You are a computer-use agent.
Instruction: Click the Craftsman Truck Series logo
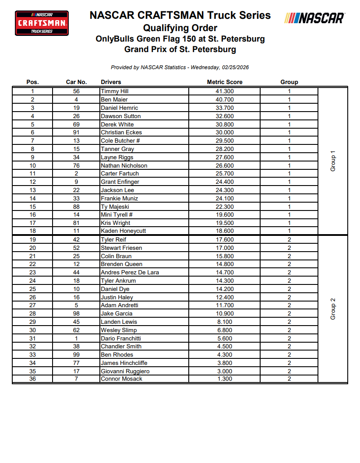(x=42, y=23)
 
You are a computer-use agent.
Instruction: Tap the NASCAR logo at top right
(x=314, y=18)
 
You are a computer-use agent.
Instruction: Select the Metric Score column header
(x=224, y=82)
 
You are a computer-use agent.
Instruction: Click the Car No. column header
(x=76, y=82)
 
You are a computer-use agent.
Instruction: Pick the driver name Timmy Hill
(x=114, y=91)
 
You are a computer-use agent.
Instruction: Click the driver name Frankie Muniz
(x=119, y=198)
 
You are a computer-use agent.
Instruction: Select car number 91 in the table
(x=76, y=133)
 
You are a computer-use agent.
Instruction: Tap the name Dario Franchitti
(x=121, y=338)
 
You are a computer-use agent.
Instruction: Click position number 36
(x=32, y=379)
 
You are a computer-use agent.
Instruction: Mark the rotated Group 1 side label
(x=333, y=161)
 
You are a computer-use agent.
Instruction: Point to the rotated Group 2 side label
(x=333, y=309)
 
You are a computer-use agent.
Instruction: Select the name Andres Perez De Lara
(x=130, y=272)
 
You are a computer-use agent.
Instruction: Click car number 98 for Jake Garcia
(x=76, y=314)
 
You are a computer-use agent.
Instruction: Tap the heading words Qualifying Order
(x=180, y=28)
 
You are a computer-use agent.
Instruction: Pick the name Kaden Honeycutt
(x=124, y=231)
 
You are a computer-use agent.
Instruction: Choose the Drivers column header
(x=111, y=82)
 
